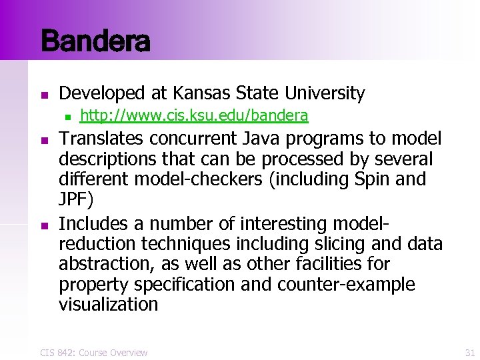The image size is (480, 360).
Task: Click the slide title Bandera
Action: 95,41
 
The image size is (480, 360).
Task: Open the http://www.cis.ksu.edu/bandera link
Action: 193,117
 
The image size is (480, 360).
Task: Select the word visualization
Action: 109,305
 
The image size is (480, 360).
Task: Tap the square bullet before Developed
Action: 44,94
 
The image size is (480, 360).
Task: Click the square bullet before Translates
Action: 44,140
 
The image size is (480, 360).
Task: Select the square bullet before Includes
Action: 44,223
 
